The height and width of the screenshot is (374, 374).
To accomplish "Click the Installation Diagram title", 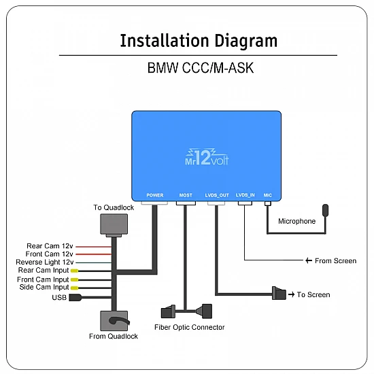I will (x=199, y=40).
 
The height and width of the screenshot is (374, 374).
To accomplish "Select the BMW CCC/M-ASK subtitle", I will (x=198, y=69).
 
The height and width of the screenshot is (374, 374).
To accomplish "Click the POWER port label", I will (x=155, y=195).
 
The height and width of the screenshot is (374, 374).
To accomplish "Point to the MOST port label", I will (x=186, y=195).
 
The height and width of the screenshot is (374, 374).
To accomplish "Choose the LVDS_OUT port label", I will (x=217, y=195).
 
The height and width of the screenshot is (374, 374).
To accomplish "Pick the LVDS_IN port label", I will (x=245, y=195).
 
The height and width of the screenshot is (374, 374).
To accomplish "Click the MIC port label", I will (x=268, y=195).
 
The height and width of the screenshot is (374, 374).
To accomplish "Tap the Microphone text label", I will (x=297, y=221).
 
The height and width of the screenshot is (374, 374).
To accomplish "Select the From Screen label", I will (x=335, y=260).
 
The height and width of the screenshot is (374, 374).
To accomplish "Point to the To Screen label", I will (x=313, y=294).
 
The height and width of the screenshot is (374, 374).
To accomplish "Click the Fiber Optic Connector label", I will (x=190, y=327).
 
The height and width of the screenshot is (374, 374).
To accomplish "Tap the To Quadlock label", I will (x=114, y=207).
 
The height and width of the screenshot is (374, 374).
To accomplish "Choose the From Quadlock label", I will (x=114, y=336).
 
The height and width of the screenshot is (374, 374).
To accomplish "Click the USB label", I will (x=60, y=297).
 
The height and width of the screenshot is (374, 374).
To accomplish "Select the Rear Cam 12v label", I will (x=50, y=246).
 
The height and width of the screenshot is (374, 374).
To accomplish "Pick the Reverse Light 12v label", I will (x=45, y=262).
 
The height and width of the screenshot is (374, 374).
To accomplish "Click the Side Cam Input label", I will (x=44, y=288).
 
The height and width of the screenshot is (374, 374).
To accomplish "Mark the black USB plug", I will (x=76, y=297).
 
